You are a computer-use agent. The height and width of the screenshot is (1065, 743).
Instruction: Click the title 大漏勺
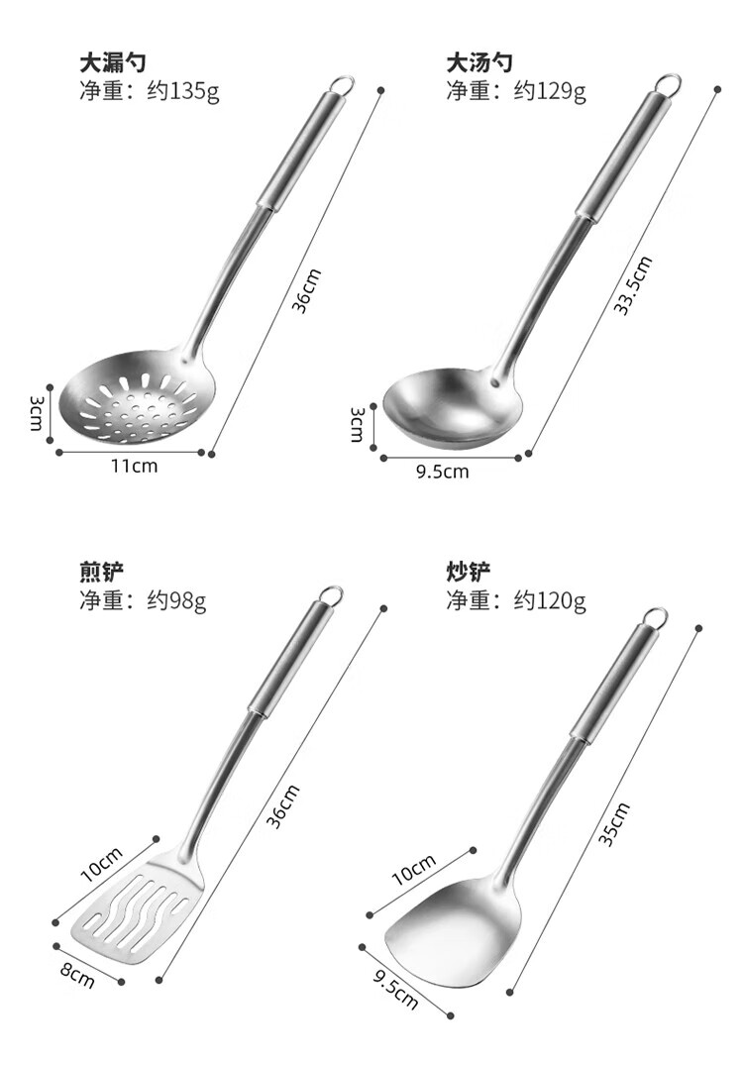(113, 63)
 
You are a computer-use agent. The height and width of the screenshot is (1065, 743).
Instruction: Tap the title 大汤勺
(478, 63)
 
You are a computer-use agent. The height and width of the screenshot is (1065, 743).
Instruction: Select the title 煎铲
(102, 572)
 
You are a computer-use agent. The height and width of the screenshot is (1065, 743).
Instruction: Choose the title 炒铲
(468, 572)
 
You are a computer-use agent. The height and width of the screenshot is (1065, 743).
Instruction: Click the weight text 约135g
(183, 91)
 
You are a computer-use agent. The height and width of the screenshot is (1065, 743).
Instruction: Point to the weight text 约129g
(550, 91)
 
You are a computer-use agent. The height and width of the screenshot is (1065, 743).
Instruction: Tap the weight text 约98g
(177, 600)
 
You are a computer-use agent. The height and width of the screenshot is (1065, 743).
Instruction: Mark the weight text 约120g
(550, 600)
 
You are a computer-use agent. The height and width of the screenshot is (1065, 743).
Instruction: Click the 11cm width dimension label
(135, 466)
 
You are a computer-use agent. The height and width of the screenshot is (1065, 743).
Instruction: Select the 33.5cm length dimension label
(633, 285)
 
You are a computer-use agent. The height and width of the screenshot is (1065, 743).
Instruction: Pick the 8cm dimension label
(77, 975)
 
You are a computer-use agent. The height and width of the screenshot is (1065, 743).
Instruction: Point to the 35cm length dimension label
(614, 824)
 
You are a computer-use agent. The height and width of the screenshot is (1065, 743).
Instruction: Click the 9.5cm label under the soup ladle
(443, 472)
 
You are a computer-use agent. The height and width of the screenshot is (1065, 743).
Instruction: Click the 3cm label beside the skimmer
(36, 414)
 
